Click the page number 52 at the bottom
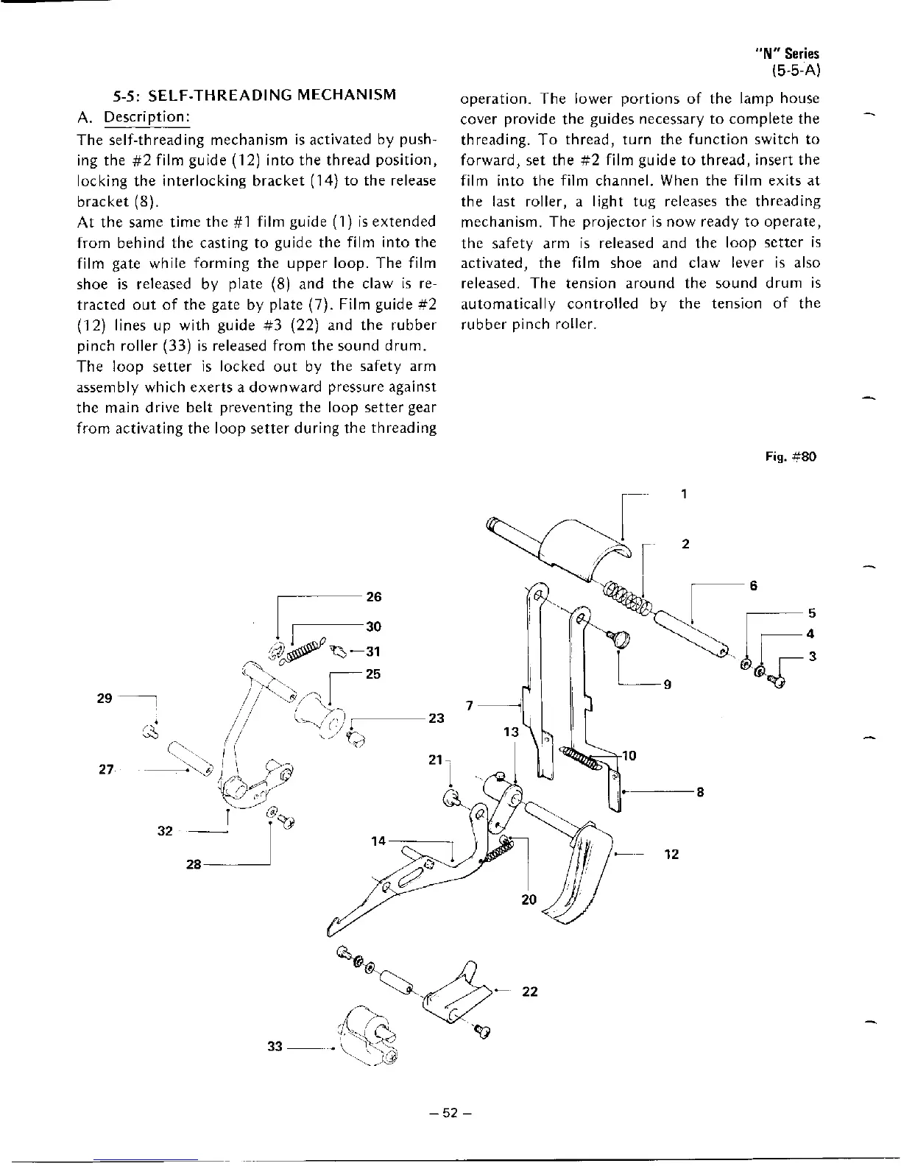pos(451,1112)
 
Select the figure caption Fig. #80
pos(791,456)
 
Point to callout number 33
pos(275,1047)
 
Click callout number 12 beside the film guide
pos(671,855)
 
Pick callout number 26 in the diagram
pos(374,596)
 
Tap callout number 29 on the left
pos(105,698)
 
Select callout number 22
pos(530,992)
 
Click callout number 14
pos(378,841)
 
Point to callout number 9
pos(667,685)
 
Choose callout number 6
pos(753,586)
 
